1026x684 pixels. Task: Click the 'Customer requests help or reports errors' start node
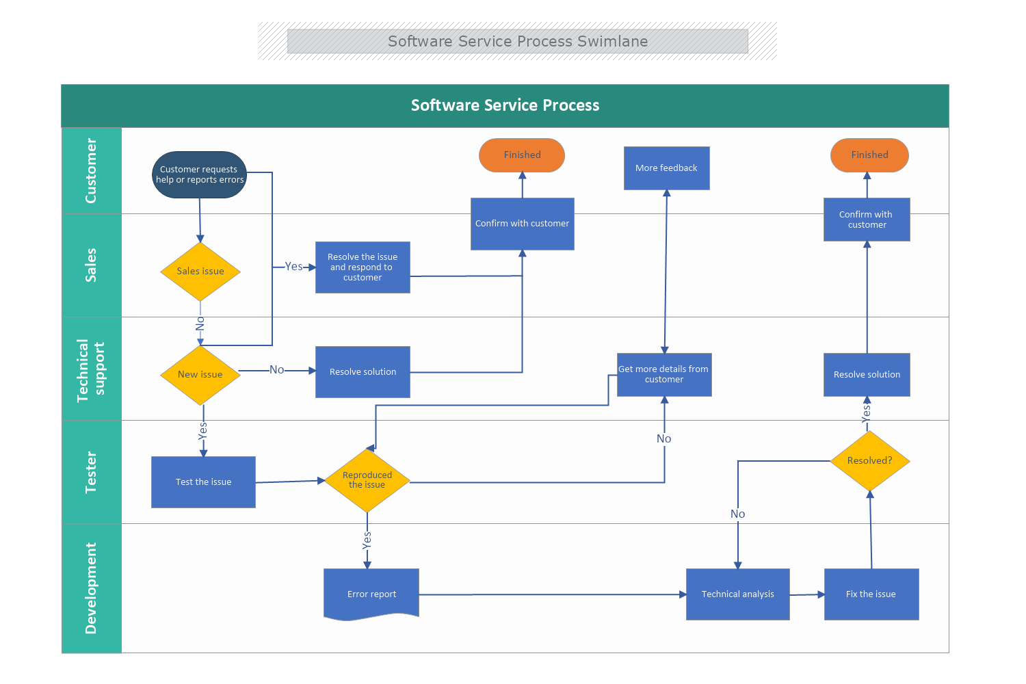199,175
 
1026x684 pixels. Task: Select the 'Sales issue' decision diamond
200,272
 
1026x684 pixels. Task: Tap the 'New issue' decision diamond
200,375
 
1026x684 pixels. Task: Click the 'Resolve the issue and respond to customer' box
363,267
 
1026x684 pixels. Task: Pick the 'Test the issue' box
203,482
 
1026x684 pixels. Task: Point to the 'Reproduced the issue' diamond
367,480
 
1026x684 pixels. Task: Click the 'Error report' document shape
371,594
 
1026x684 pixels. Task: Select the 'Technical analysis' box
737,594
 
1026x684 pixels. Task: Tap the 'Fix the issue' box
871,594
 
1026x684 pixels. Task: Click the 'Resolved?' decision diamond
869,461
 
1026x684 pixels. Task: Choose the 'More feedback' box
666,168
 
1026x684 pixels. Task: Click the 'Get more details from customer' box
664,375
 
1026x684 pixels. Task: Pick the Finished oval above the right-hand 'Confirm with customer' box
869,155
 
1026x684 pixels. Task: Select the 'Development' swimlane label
91,588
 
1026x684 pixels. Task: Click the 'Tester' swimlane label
91,472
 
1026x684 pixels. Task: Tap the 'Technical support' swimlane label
91,369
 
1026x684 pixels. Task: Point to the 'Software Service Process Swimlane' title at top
518,41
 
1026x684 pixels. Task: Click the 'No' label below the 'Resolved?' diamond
737,514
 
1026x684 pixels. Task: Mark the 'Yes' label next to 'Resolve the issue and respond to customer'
293,267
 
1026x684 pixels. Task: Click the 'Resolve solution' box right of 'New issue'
363,372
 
